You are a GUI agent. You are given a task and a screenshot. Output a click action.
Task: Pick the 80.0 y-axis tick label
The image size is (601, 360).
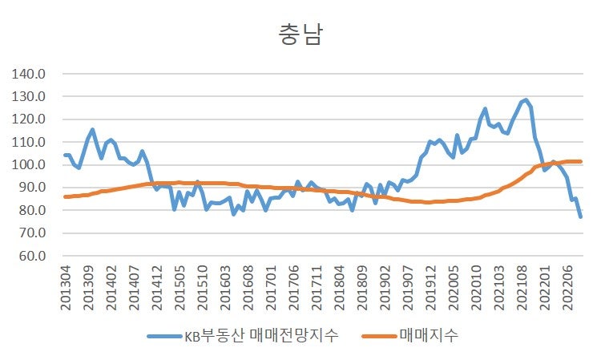pyautogui.click(x=34, y=211)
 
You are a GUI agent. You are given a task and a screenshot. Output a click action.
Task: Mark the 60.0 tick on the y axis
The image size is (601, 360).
pyautogui.click(x=34, y=257)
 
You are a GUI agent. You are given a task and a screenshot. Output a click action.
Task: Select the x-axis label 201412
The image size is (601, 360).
pyautogui.click(x=158, y=289)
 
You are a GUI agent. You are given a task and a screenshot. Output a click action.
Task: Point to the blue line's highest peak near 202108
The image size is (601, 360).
pyautogui.click(x=526, y=100)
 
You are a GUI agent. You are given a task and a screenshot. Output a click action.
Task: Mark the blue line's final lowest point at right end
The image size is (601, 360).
pyautogui.click(x=581, y=217)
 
